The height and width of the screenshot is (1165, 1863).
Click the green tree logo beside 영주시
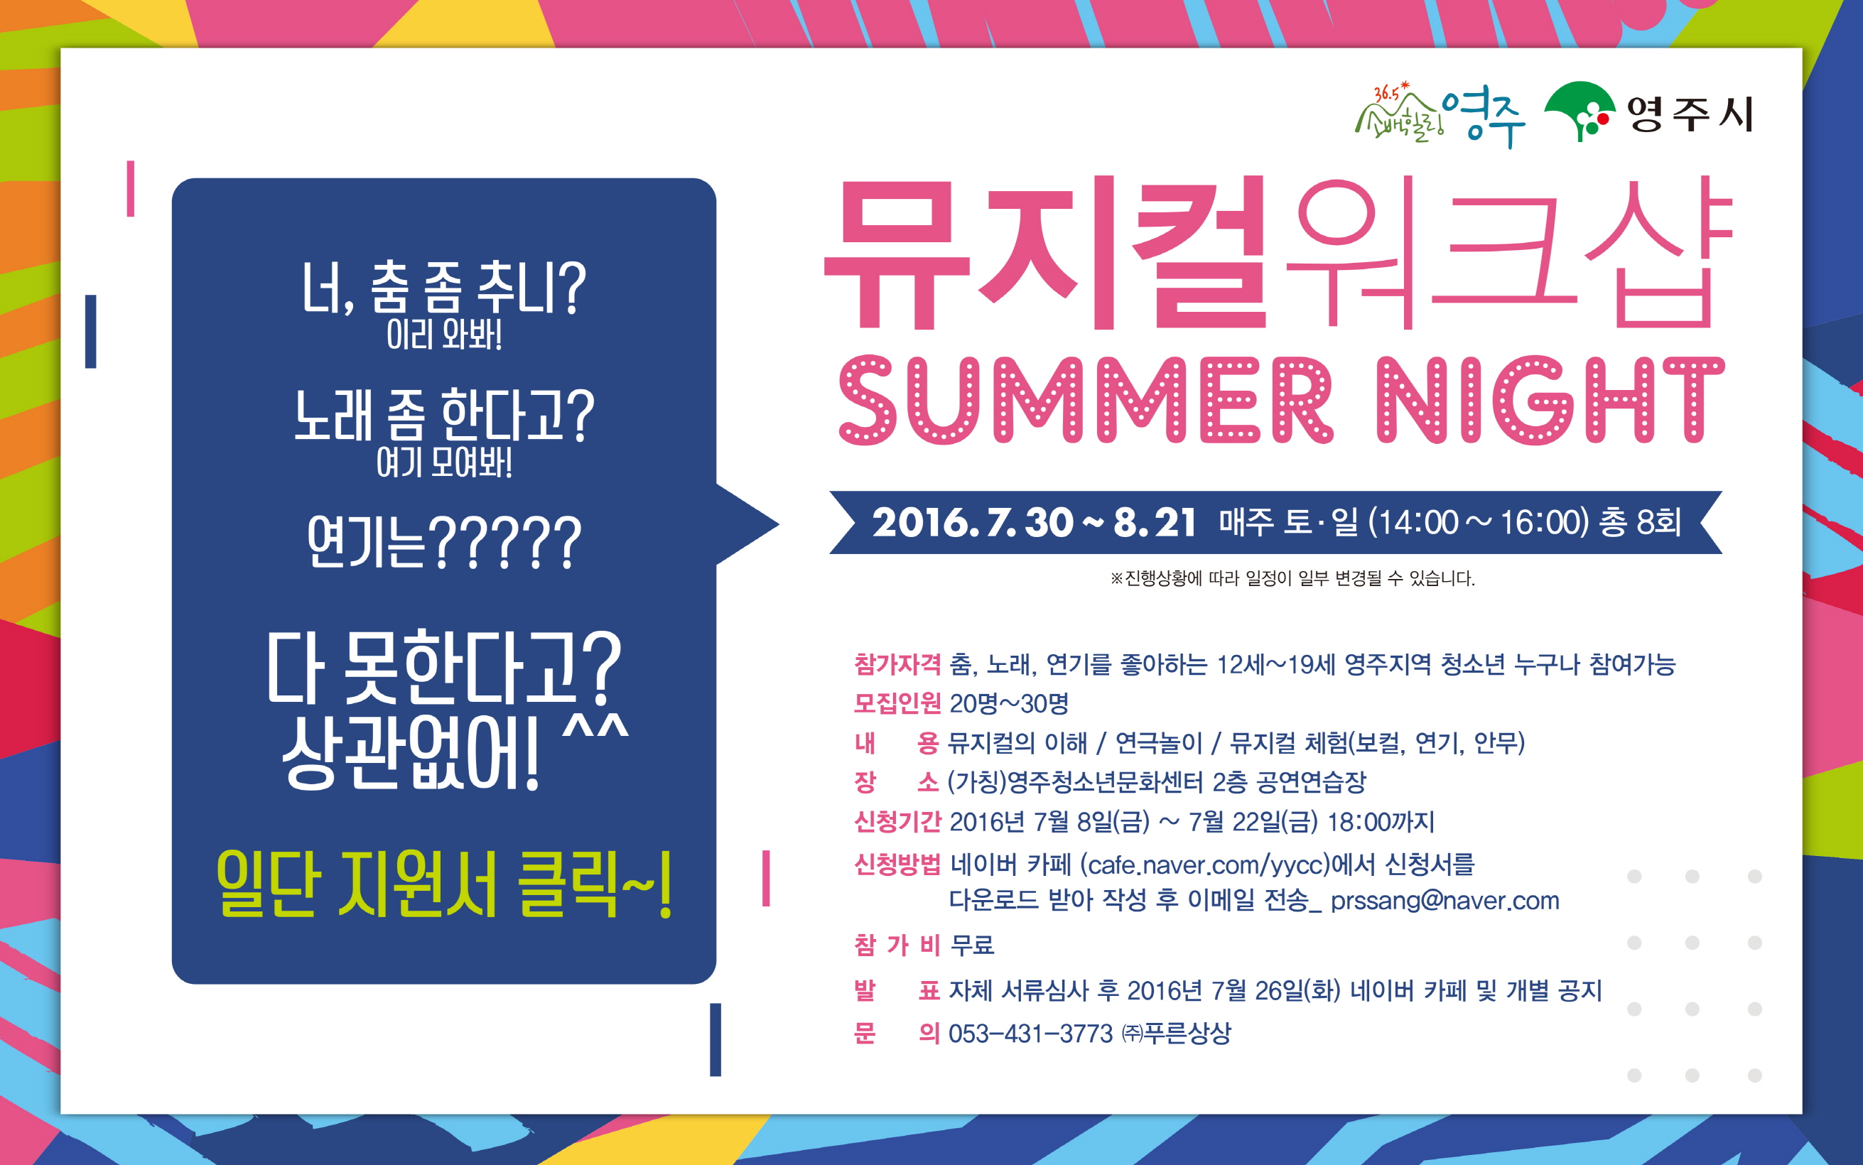(x=1579, y=112)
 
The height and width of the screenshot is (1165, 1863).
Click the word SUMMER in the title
(x=1085, y=400)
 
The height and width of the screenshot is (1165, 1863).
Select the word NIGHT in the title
(x=1550, y=400)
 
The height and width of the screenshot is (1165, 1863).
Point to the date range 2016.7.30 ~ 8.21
(x=1034, y=522)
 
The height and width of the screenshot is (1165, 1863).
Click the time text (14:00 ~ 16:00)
(x=1479, y=522)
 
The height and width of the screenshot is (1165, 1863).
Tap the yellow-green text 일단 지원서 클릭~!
(x=445, y=884)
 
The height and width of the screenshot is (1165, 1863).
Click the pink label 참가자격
(x=897, y=663)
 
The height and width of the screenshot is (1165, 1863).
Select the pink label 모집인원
(x=897, y=703)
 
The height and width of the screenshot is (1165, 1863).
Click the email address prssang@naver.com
(x=1444, y=900)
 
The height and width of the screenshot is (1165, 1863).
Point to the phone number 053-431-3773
(x=1030, y=1034)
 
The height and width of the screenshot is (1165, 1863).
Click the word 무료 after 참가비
(x=972, y=945)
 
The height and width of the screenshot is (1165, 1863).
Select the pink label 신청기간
(x=897, y=821)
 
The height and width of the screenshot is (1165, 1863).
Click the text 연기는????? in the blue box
(x=444, y=543)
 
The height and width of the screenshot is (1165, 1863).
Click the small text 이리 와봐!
(x=444, y=335)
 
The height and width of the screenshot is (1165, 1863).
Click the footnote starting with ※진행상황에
(x=1292, y=578)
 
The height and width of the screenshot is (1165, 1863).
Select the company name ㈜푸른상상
(x=1176, y=1034)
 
